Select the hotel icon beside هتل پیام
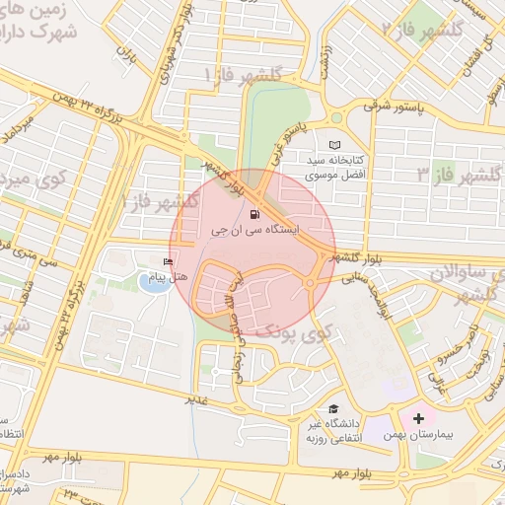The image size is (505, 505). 168,262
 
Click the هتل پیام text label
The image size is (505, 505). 167,276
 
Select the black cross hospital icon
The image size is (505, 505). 419,418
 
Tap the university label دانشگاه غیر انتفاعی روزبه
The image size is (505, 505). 328,429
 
